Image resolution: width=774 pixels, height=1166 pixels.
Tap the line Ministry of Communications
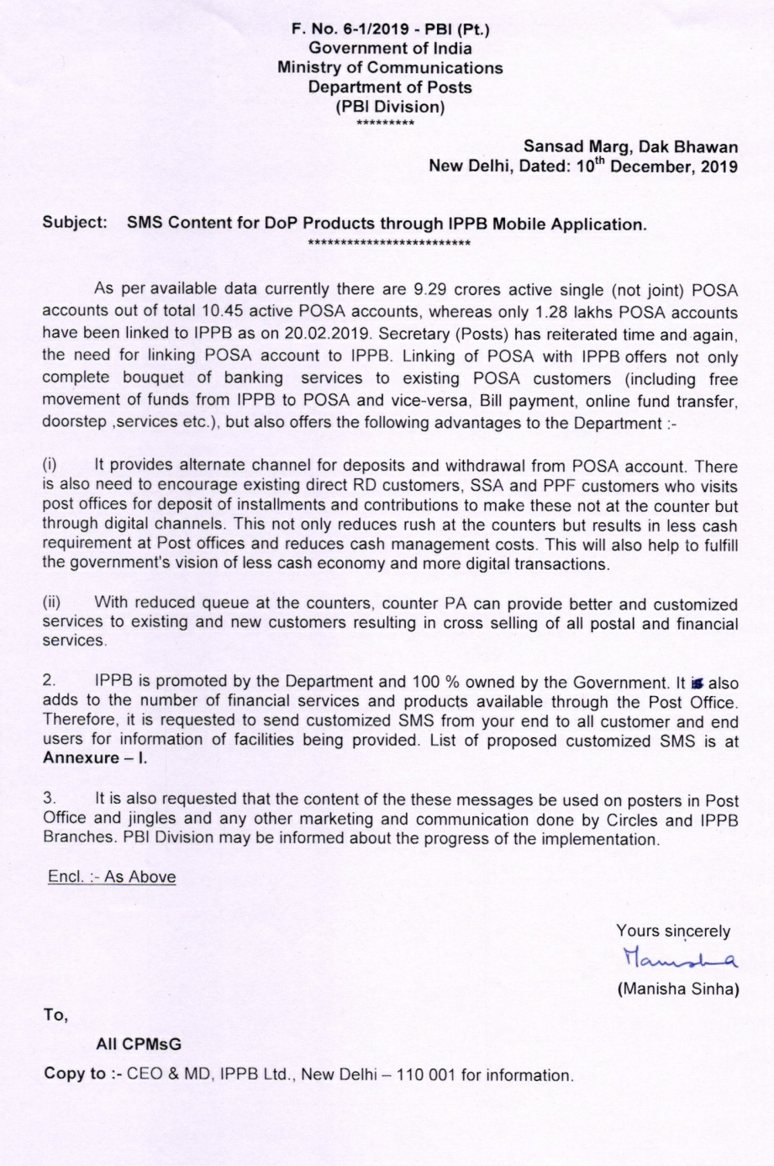point(390,68)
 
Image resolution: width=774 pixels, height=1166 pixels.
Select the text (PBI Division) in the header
point(390,107)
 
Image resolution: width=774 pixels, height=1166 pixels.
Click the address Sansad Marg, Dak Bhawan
point(630,147)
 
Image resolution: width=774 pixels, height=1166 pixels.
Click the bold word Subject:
point(76,224)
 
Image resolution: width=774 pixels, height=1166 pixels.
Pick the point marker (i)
point(50,465)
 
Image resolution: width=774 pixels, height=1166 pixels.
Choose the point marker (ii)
point(52,603)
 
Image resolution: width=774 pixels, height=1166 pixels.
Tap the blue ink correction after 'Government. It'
point(697,683)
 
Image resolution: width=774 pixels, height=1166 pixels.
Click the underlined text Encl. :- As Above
point(112,877)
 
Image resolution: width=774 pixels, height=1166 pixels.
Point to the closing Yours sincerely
point(672,931)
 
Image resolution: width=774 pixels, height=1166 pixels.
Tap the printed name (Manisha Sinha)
point(677,989)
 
